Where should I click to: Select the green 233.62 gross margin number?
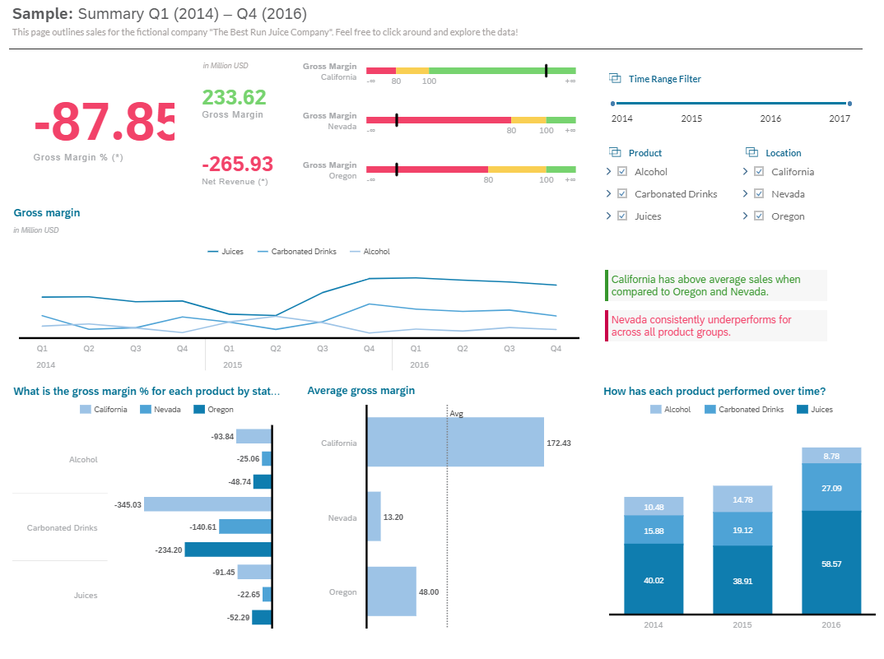click(x=234, y=97)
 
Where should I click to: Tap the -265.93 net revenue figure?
click(x=237, y=164)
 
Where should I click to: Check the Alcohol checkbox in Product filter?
click(x=622, y=172)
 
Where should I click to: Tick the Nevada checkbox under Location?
click(x=759, y=194)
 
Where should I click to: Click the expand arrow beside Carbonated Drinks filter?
click(x=608, y=194)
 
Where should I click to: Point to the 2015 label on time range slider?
click(x=691, y=118)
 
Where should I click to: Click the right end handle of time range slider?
click(x=849, y=104)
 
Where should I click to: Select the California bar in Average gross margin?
click(x=455, y=442)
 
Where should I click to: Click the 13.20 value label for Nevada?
click(x=393, y=517)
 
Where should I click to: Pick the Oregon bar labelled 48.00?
click(x=392, y=591)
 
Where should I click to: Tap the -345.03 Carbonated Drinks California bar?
click(x=207, y=504)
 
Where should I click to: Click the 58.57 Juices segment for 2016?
click(x=831, y=563)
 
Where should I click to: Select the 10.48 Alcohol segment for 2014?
click(x=654, y=507)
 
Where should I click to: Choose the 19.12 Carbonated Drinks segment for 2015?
click(x=742, y=530)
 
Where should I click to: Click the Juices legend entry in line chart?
click(x=226, y=252)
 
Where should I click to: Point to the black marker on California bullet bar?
click(x=546, y=71)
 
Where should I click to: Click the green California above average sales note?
click(x=714, y=285)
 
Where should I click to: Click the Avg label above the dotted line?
click(x=457, y=413)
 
